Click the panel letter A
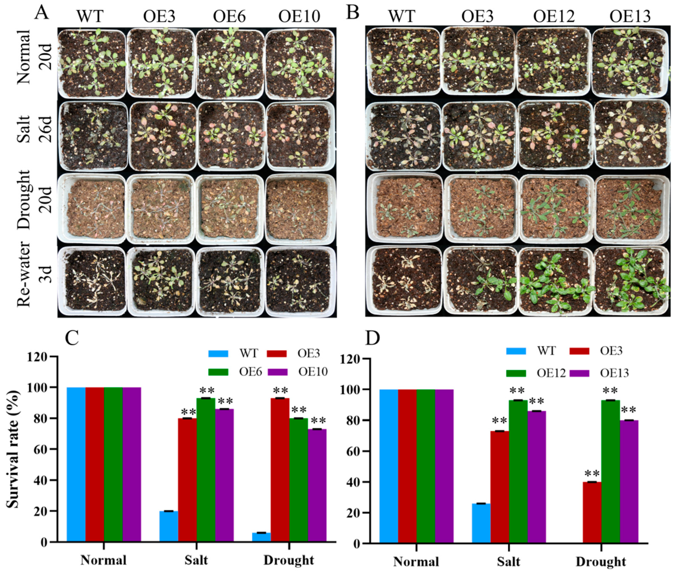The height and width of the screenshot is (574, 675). [42, 13]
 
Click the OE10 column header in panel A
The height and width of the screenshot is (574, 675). [299, 16]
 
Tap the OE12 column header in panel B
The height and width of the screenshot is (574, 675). [554, 16]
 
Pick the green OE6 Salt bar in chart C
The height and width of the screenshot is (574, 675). [206, 470]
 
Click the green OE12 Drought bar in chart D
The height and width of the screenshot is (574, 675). [611, 472]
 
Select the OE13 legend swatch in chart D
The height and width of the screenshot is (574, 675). [580, 373]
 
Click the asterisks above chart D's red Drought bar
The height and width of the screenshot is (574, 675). [592, 473]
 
